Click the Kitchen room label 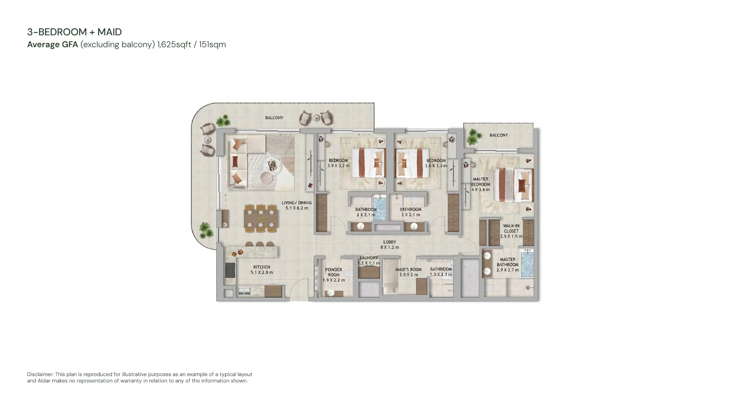click(x=262, y=270)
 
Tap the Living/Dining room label click(x=297, y=205)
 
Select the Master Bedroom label click(x=480, y=184)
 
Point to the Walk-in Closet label click(x=511, y=231)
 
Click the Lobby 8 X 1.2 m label click(x=390, y=245)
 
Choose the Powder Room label click(x=333, y=275)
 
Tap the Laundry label click(x=368, y=260)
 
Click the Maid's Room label click(x=408, y=272)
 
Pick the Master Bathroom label click(x=508, y=264)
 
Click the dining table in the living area click(x=261, y=219)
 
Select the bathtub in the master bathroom click(x=527, y=263)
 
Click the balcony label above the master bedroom click(x=498, y=135)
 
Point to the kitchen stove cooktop click(x=230, y=270)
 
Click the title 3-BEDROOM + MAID click(x=74, y=32)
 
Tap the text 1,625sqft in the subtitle click(x=174, y=44)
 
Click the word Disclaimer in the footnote click(x=40, y=374)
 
